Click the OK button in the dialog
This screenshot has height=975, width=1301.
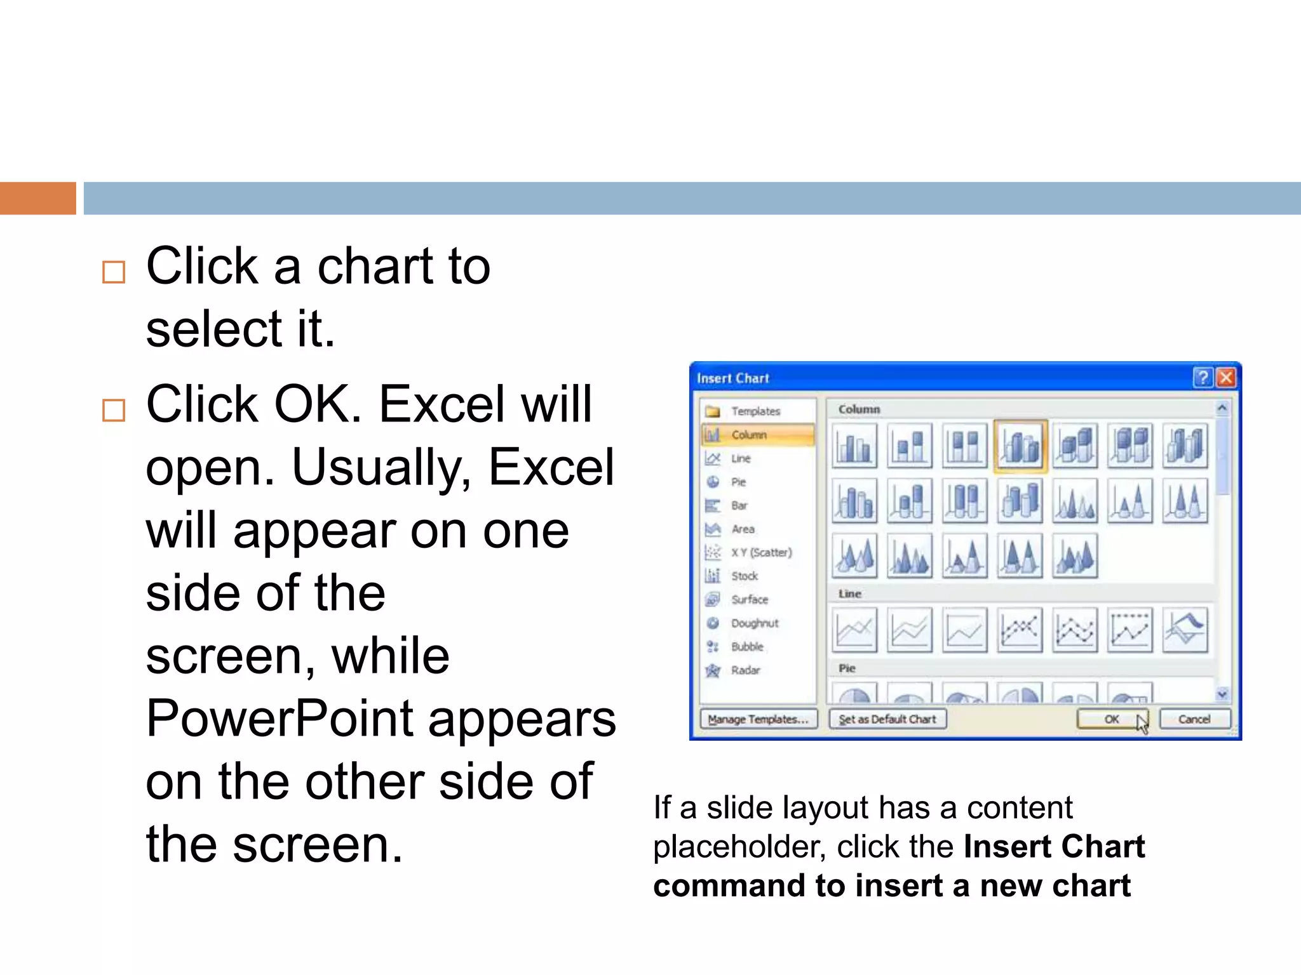pyautogui.click(x=1112, y=719)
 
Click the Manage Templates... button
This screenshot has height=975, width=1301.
pyautogui.click(x=758, y=719)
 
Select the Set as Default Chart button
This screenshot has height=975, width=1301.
pyautogui.click(x=887, y=719)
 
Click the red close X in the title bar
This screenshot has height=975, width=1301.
pyautogui.click(x=1226, y=378)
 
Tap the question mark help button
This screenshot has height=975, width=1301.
pyautogui.click(x=1203, y=378)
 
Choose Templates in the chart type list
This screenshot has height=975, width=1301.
pyautogui.click(x=755, y=411)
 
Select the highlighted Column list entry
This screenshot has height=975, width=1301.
pyautogui.click(x=750, y=435)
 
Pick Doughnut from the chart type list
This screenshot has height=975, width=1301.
pyautogui.click(x=755, y=623)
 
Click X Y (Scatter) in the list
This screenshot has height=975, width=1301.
pyautogui.click(x=761, y=552)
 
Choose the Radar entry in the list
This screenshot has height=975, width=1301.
pyautogui.click(x=745, y=670)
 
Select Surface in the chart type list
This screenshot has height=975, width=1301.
pyautogui.click(x=750, y=600)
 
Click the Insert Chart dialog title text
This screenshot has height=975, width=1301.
pyautogui.click(x=733, y=378)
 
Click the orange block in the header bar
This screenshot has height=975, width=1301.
pyautogui.click(x=37, y=198)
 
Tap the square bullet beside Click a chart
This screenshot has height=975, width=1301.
pyautogui.click(x=114, y=272)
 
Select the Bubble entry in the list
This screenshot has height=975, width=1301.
pyautogui.click(x=747, y=647)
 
